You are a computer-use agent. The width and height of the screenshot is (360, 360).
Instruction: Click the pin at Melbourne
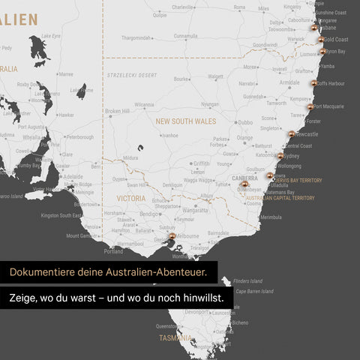click(172, 235)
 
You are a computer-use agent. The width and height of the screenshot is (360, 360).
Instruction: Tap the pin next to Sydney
click(280, 156)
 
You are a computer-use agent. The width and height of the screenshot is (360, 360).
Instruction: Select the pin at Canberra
click(244, 183)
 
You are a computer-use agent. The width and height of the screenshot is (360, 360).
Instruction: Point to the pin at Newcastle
click(292, 133)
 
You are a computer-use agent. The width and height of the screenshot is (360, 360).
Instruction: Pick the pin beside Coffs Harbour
click(314, 82)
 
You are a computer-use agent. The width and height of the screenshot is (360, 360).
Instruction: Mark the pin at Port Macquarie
click(310, 106)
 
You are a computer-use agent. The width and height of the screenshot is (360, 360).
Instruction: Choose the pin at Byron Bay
click(323, 51)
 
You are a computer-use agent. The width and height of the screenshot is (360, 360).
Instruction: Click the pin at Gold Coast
click(321, 39)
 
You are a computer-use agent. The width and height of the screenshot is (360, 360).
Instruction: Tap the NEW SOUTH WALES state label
click(184, 120)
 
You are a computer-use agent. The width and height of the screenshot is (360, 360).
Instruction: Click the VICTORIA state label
click(131, 198)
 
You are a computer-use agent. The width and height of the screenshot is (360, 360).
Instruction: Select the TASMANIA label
click(175, 338)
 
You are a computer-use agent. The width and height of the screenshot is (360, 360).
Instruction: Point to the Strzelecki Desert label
click(132, 76)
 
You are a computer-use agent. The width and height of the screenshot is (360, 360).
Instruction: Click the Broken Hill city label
click(118, 111)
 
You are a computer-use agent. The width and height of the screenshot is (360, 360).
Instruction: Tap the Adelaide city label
click(73, 177)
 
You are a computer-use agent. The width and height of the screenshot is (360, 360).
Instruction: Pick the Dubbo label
click(246, 121)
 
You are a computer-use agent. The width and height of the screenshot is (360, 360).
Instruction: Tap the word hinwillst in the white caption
click(204, 298)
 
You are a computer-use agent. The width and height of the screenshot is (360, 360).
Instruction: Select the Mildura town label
click(130, 158)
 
